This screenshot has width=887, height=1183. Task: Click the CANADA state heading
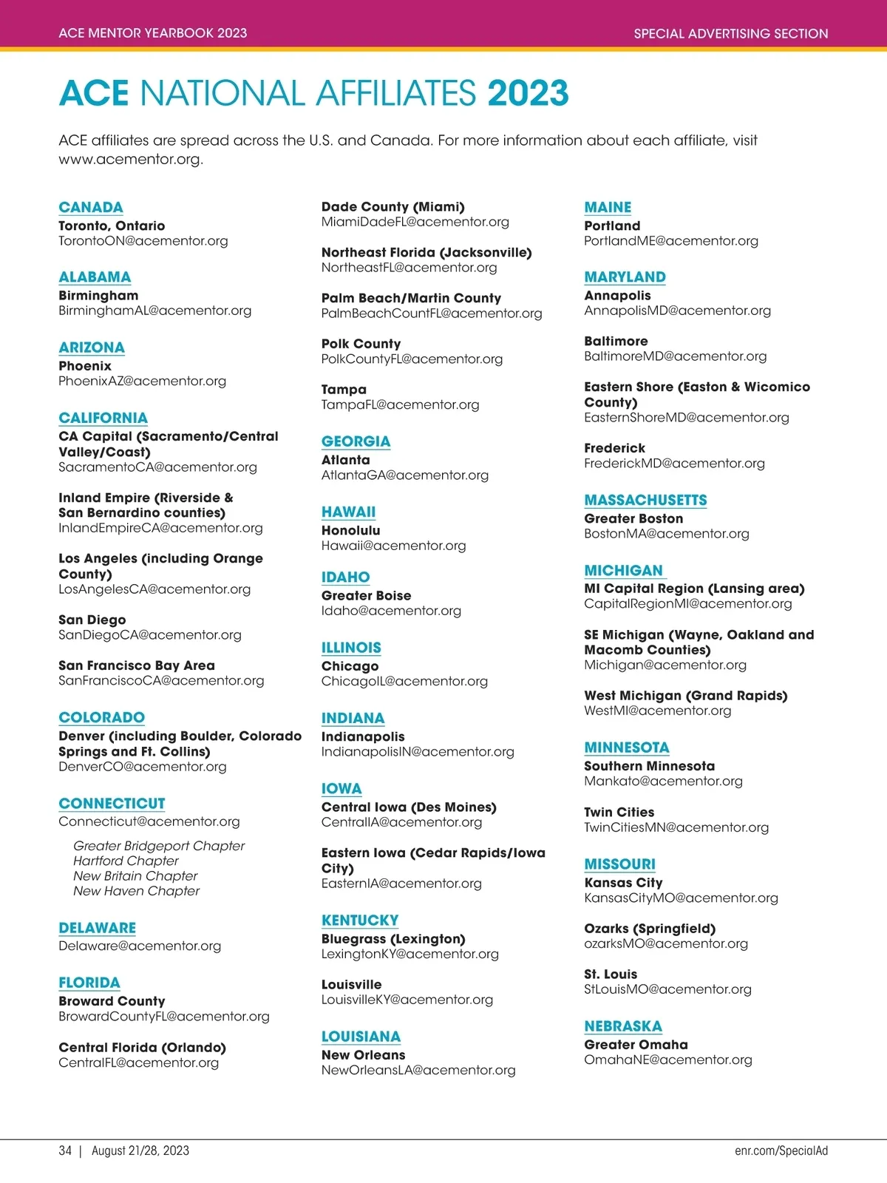(x=91, y=208)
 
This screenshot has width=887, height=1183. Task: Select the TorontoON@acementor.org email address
(x=143, y=241)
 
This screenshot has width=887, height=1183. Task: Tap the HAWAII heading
(x=348, y=512)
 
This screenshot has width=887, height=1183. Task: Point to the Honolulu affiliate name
(x=350, y=531)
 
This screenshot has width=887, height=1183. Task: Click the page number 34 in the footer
(x=65, y=1150)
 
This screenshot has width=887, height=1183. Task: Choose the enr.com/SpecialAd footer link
(x=781, y=1150)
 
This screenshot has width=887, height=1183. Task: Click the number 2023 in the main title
(x=528, y=94)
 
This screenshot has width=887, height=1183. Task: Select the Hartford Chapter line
(x=126, y=861)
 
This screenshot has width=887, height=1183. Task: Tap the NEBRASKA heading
(x=623, y=1026)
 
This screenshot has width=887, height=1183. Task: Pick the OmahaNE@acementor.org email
(x=668, y=1060)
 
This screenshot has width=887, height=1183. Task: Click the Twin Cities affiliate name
(x=619, y=812)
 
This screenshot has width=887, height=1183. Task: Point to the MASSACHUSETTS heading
(x=645, y=501)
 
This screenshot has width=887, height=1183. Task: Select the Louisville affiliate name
(x=351, y=985)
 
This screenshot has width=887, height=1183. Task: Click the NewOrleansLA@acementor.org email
(x=418, y=1070)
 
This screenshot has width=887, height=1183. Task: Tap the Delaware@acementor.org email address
(x=140, y=946)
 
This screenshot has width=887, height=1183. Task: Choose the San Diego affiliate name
(x=92, y=620)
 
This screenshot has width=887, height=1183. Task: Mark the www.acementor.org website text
(x=131, y=159)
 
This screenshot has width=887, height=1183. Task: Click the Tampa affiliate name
(x=344, y=390)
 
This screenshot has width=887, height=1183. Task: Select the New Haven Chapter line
(x=136, y=891)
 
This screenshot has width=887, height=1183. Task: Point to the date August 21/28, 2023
(x=140, y=1150)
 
